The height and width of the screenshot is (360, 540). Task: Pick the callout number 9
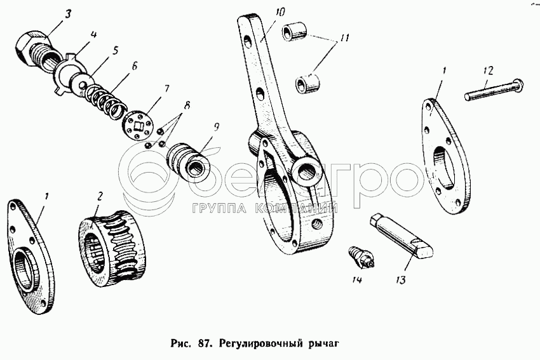click(217, 127)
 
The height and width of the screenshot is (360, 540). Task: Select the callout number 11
click(344, 38)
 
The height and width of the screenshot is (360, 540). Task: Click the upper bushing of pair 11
click(295, 31)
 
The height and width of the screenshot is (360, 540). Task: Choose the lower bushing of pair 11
click(308, 83)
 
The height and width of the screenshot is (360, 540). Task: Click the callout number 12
click(487, 68)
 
